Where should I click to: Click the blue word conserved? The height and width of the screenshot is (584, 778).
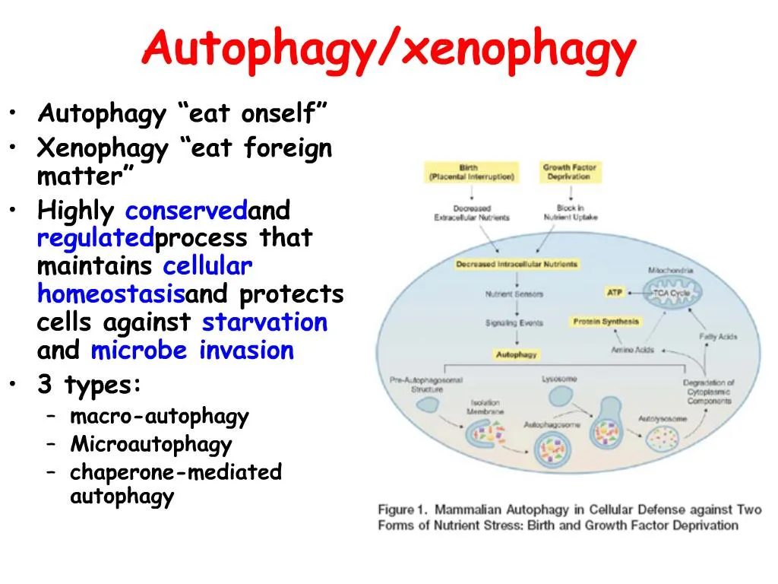tap(187, 210)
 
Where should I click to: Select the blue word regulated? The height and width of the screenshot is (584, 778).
tap(96, 238)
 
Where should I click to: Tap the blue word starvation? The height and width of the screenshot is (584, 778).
tap(264, 322)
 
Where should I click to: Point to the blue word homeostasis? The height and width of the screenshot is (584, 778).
tap(111, 294)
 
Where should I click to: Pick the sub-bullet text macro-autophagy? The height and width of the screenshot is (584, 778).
tap(160, 417)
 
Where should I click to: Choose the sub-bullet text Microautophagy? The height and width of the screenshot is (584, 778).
tap(151, 444)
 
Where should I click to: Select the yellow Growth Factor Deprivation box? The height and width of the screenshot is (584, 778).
tap(569, 172)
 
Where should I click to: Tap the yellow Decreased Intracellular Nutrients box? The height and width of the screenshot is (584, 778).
tap(517, 265)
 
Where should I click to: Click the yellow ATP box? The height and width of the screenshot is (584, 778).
tap(615, 292)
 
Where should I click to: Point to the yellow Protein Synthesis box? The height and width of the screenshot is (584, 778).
tap(606, 322)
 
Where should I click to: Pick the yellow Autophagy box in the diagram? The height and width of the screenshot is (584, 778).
tap(517, 354)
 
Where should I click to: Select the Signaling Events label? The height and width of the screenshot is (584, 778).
tap(514, 322)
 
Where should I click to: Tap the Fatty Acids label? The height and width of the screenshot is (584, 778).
tap(718, 337)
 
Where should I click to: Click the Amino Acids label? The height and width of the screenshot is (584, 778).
tap(632, 351)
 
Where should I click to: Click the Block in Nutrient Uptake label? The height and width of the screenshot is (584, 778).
tap(571, 213)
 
